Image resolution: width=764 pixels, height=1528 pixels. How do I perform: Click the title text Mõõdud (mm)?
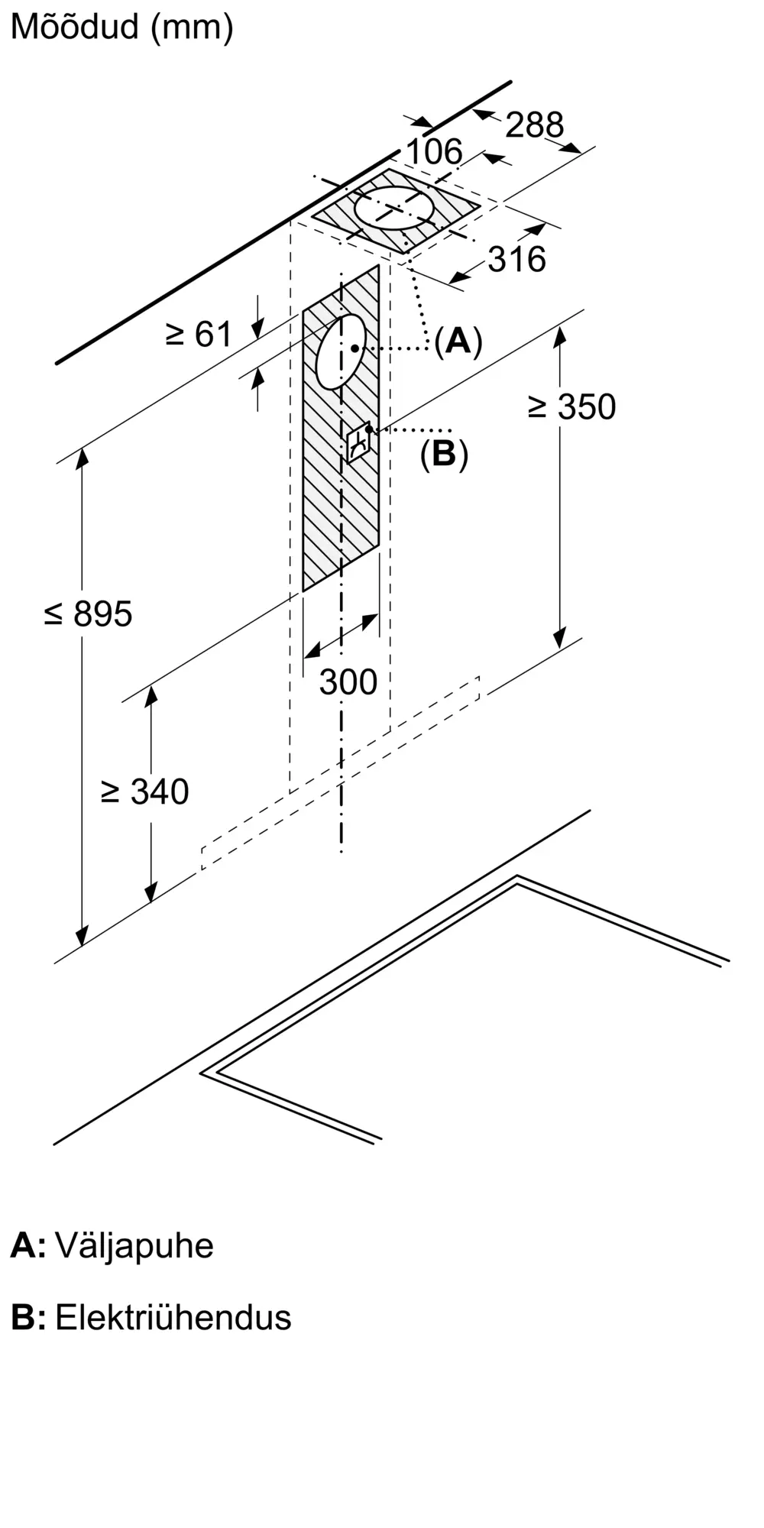click(x=122, y=28)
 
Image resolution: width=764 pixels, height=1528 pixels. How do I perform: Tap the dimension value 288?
click(x=535, y=125)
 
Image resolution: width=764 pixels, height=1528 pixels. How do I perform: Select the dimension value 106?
click(x=434, y=152)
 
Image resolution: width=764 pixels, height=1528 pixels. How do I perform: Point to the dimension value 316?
click(x=517, y=260)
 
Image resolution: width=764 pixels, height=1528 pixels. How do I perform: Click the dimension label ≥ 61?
click(x=199, y=334)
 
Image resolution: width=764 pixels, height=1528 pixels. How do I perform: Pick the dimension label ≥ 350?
click(x=571, y=406)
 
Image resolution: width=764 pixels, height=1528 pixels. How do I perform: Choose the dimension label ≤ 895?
click(x=89, y=613)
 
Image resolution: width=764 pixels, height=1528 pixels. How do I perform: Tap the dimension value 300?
click(x=348, y=681)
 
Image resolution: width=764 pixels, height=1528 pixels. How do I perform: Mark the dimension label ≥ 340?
click(x=144, y=792)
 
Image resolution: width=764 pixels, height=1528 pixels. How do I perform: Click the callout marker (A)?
click(x=458, y=340)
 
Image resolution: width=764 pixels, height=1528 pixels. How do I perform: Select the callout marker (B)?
click(x=444, y=454)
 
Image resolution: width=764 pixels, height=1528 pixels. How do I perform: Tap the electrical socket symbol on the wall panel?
click(x=358, y=442)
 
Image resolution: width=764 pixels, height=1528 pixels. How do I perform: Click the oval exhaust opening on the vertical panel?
click(x=341, y=351)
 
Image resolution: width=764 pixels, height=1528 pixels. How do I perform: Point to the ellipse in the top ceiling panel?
click(x=394, y=207)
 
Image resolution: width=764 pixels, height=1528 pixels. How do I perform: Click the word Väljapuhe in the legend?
click(x=134, y=1246)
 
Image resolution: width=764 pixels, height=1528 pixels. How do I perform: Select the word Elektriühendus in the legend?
click(x=173, y=1318)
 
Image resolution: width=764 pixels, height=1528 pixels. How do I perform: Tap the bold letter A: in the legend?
click(x=28, y=1246)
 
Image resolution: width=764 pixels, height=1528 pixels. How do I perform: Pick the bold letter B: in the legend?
click(x=28, y=1319)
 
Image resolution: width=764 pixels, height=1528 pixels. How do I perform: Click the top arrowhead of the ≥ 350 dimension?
click(x=561, y=337)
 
